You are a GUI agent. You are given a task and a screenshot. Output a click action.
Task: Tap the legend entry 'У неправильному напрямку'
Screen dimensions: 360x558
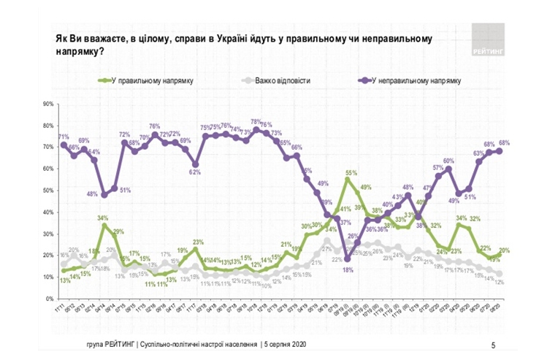[x=414, y=80]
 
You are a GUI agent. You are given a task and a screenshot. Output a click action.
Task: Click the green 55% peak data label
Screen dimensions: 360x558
[x=351, y=173]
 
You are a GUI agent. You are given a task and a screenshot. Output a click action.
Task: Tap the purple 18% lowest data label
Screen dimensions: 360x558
[x=347, y=269]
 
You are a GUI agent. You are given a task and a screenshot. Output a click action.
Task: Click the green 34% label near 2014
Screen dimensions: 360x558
[x=103, y=218]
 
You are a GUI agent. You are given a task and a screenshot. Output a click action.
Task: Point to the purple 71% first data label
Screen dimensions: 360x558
[x=64, y=137]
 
